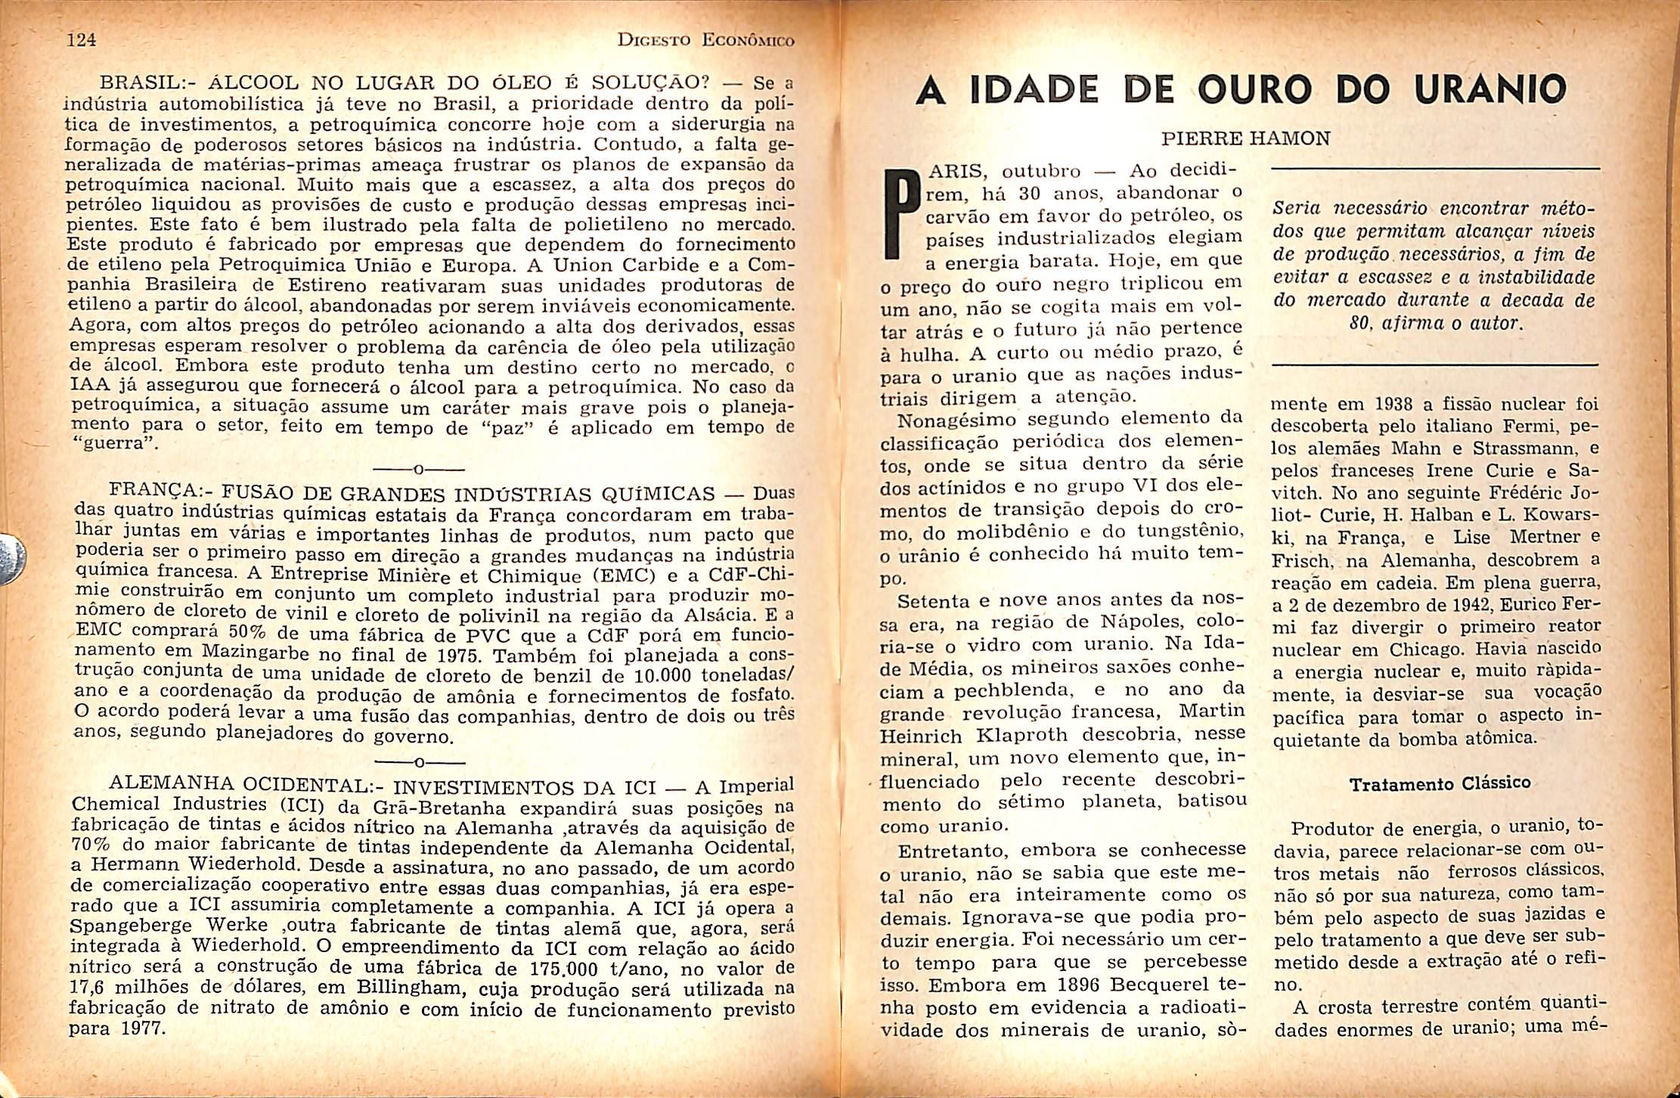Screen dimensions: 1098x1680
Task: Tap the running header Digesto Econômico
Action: click(705, 42)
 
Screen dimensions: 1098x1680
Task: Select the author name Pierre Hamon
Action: click(1245, 138)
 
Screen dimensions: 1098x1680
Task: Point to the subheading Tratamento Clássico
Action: click(1440, 783)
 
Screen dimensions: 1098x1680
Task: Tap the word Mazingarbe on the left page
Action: click(256, 652)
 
